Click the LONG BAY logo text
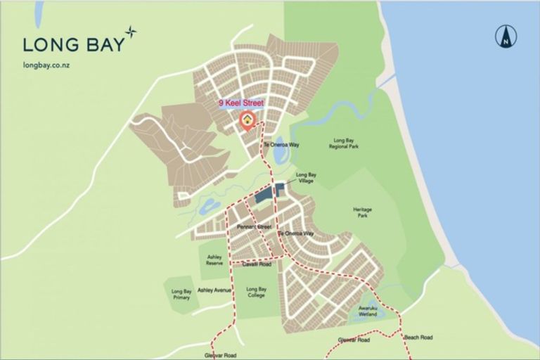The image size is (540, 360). pyautogui.click(x=73, y=44)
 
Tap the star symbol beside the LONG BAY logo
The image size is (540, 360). pyautogui.click(x=131, y=32)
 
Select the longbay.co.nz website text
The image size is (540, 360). pyautogui.click(x=46, y=65)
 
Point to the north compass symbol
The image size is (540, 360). pyautogui.click(x=505, y=36)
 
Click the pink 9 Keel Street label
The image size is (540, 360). pyautogui.click(x=241, y=103)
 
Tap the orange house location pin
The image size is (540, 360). pyautogui.click(x=247, y=120)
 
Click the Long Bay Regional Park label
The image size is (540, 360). pyautogui.click(x=345, y=144)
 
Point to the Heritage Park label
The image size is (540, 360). pyautogui.click(x=363, y=212)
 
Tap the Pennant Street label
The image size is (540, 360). pyautogui.click(x=254, y=227)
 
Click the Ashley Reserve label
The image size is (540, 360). pyautogui.click(x=214, y=260)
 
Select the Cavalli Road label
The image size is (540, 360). pyautogui.click(x=257, y=264)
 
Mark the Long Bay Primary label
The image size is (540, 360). pyautogui.click(x=181, y=294)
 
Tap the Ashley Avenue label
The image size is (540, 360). pyautogui.click(x=214, y=290)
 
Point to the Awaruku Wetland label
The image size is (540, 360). pyautogui.click(x=368, y=311)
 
